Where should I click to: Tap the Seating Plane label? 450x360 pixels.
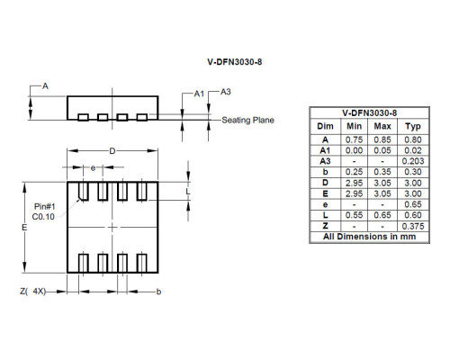(x=247, y=120)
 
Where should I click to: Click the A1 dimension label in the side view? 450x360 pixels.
(x=199, y=93)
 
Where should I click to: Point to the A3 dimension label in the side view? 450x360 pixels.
(x=226, y=92)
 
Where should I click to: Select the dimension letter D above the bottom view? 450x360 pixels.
(x=112, y=151)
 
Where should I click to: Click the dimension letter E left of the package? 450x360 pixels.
(x=24, y=229)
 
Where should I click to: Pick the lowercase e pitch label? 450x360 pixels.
(x=93, y=168)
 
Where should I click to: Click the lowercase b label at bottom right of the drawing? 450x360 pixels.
(x=159, y=292)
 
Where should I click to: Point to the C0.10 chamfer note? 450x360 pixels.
(x=44, y=218)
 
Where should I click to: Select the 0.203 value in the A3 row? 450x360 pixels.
(x=413, y=161)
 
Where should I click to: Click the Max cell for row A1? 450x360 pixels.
(x=382, y=150)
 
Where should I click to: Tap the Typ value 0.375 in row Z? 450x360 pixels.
(x=413, y=226)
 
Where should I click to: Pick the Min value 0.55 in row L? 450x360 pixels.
(x=355, y=215)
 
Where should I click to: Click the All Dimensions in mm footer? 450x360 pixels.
(x=370, y=237)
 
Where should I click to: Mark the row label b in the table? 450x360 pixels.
(x=326, y=172)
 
